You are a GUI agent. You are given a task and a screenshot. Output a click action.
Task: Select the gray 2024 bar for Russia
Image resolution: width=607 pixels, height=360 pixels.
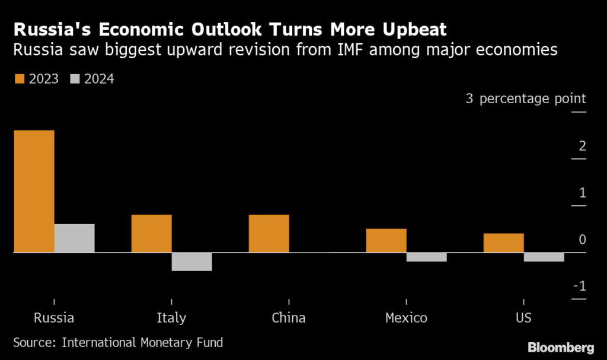(74, 238)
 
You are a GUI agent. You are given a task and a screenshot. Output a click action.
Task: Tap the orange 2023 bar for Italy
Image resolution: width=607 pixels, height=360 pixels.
(151, 233)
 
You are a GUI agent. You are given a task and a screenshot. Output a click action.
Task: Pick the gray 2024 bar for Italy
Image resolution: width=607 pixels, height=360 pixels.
(191, 262)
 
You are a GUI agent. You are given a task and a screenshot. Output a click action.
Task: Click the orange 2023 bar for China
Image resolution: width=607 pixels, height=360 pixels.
(269, 233)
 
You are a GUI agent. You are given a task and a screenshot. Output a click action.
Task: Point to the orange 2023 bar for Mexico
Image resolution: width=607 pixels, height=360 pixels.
(386, 240)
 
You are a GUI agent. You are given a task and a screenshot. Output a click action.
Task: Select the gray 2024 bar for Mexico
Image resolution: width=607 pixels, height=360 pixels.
(426, 257)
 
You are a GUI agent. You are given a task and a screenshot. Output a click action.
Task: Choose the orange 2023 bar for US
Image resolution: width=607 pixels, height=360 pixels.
(503, 243)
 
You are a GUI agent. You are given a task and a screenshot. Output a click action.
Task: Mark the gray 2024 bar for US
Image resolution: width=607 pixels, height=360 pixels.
(544, 257)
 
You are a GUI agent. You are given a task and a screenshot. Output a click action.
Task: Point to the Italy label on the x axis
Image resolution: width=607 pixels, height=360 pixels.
(171, 318)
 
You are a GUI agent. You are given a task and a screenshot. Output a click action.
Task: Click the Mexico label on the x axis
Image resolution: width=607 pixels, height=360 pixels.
(406, 318)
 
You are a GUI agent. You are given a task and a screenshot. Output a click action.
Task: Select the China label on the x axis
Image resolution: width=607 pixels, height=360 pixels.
(289, 318)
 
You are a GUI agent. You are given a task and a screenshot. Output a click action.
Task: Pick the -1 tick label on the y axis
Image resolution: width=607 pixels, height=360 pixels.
(579, 286)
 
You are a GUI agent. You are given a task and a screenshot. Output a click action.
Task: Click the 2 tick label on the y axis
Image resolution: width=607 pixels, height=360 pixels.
(582, 146)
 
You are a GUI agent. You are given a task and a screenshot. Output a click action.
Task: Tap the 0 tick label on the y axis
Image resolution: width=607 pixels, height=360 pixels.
(582, 240)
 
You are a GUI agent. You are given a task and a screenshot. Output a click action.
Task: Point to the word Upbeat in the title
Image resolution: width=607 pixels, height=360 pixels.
(412, 30)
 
